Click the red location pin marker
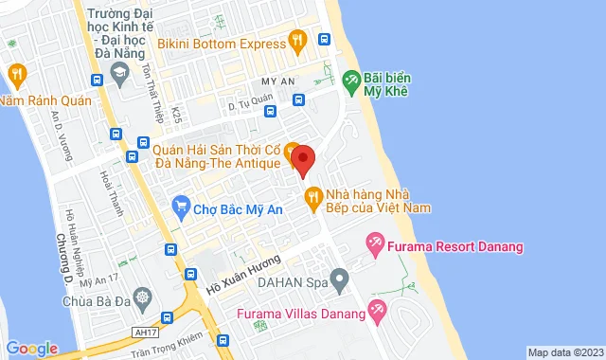[x=302, y=159]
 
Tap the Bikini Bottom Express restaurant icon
[x=297, y=41]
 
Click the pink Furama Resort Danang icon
[x=375, y=246]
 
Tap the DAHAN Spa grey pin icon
[x=341, y=279]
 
